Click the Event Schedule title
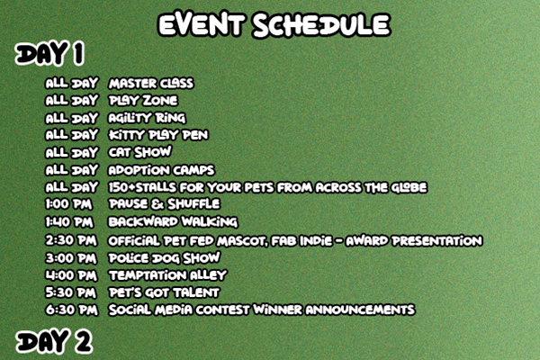pyautogui.click(x=274, y=25)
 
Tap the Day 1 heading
pyautogui.click(x=49, y=54)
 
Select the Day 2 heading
pyautogui.click(x=54, y=341)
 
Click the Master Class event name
pyautogui.click(x=151, y=84)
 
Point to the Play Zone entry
pyautogui.click(x=143, y=101)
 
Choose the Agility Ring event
pyautogui.click(x=147, y=118)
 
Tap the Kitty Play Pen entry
pyautogui.click(x=158, y=135)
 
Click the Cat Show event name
pyautogui.click(x=139, y=152)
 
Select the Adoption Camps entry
pyautogui.click(x=161, y=170)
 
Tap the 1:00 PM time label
pyautogui.click(x=69, y=204)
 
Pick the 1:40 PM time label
pyautogui.click(x=69, y=222)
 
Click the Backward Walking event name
pyautogui.click(x=173, y=222)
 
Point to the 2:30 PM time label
pyautogui.click(x=71, y=240)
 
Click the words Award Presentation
pyautogui.click(x=414, y=241)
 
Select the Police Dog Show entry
pyautogui.click(x=165, y=258)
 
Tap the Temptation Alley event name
pyautogui.click(x=167, y=275)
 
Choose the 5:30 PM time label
pyautogui.click(x=71, y=292)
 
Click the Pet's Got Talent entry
pyautogui.click(x=164, y=292)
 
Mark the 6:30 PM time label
pyautogui.click(x=72, y=310)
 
